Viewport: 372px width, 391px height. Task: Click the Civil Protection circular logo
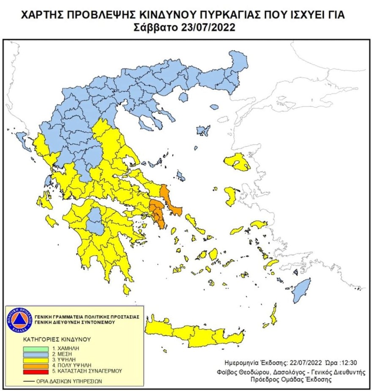tap(19, 320)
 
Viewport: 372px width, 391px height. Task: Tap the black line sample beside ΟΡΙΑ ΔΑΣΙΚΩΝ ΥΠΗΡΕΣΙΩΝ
tap(29, 381)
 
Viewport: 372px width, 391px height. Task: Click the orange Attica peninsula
tap(158, 211)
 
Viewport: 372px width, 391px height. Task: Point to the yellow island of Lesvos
tap(237, 162)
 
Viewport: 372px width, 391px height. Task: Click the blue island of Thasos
tap(183, 97)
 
